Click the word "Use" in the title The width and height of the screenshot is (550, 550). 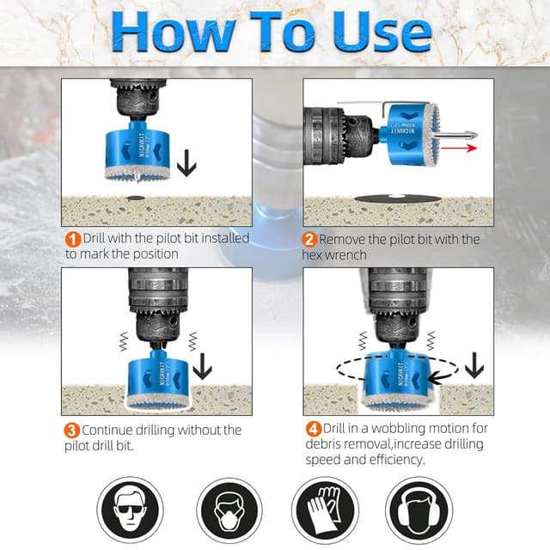tap(382, 33)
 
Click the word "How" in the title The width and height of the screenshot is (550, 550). tap(174, 32)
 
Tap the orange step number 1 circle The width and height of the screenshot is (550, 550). tap(73, 240)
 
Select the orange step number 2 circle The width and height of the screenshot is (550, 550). tap(309, 240)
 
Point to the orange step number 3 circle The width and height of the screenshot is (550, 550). tap(71, 431)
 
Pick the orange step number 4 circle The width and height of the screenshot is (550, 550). tap(314, 429)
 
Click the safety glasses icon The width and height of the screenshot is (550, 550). tap(130, 510)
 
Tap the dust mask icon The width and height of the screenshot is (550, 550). tap(229, 510)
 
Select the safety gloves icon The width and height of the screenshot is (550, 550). tap(325, 510)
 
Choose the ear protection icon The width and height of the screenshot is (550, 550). tap(419, 510)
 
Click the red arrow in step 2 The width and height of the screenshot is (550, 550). tap(459, 148)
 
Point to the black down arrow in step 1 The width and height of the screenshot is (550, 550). tap(186, 162)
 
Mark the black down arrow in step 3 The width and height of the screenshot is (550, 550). tap(203, 367)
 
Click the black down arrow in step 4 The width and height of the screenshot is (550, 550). tap(474, 365)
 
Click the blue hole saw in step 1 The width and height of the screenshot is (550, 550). tap(137, 152)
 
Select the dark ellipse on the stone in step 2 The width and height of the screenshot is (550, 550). tap(397, 199)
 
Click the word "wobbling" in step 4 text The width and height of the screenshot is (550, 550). tap(398, 429)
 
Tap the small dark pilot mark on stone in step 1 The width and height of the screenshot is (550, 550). tap(136, 199)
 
